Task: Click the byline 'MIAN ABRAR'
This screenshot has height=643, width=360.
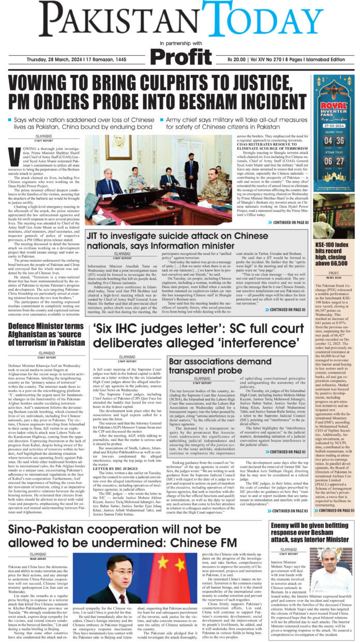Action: pyautogui.click(x=38, y=558)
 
